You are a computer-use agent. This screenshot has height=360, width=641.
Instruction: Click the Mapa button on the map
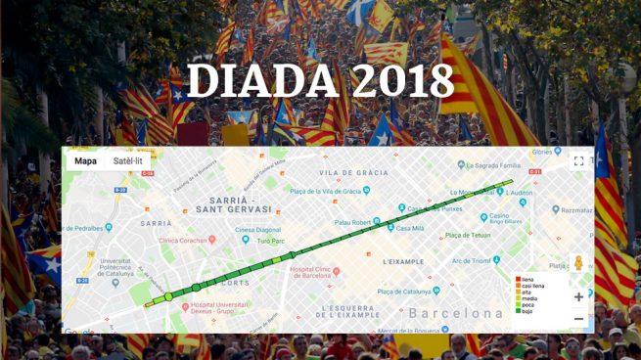[85, 161]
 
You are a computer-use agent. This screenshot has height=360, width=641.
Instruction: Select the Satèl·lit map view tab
[127, 161]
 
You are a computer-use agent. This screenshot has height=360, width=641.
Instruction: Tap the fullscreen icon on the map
[578, 161]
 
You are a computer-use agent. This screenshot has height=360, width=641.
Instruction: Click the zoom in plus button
[578, 296]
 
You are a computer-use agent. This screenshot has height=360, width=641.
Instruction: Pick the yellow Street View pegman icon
[578, 263]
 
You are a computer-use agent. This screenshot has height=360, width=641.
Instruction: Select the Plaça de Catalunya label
[404, 292]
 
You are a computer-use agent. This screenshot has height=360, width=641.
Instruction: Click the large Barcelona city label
[455, 314]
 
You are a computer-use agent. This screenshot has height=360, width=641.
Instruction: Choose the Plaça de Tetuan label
[468, 235]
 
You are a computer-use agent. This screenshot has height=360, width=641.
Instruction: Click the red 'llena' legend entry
[527, 279]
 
